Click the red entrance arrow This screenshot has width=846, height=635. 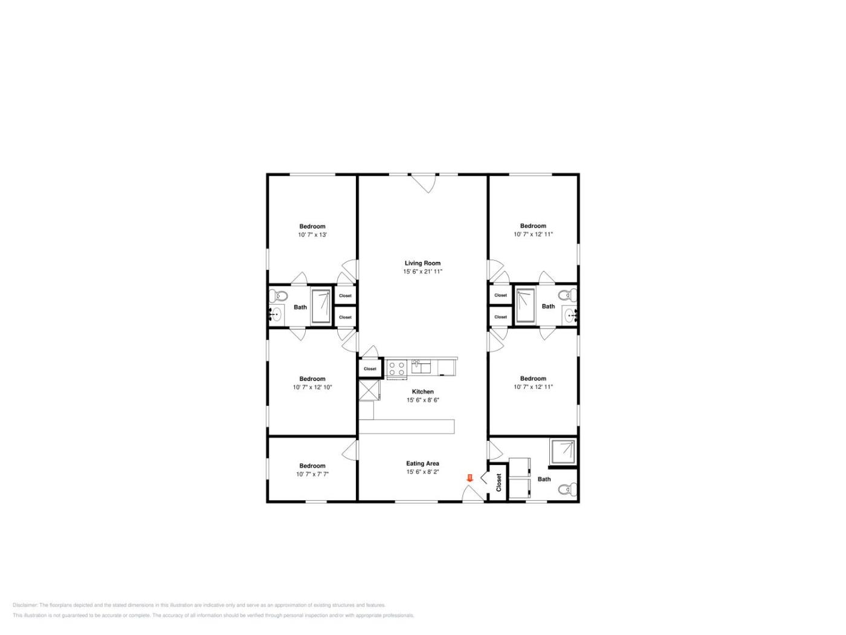click(x=470, y=478)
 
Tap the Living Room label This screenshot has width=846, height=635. click(x=422, y=263)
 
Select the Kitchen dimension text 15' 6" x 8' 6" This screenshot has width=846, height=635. click(x=423, y=400)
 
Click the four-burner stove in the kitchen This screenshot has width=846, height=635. click(x=397, y=368)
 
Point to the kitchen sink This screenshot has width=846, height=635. click(x=421, y=366)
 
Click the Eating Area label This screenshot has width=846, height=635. click(x=422, y=463)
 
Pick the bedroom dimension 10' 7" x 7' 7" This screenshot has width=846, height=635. click(x=312, y=474)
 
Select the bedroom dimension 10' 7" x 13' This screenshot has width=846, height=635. click(x=312, y=235)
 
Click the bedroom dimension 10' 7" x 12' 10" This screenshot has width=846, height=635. click(x=312, y=387)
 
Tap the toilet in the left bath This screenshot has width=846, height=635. click(x=279, y=296)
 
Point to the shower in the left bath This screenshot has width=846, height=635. click(x=321, y=306)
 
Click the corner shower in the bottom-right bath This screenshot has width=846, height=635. click(x=563, y=452)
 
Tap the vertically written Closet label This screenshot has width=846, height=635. click(x=499, y=483)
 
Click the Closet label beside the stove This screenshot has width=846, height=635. click(x=370, y=369)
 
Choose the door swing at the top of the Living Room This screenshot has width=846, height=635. click(x=423, y=183)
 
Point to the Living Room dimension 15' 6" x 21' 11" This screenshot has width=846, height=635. click(x=422, y=272)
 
